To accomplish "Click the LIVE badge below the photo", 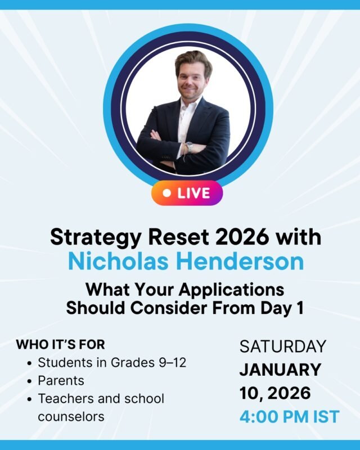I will (187, 193).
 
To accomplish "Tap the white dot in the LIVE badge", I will (166, 193).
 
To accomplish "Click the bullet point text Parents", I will (61, 380).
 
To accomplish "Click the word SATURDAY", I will (283, 346).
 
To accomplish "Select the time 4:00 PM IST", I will (289, 417).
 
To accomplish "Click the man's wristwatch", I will (190, 147).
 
